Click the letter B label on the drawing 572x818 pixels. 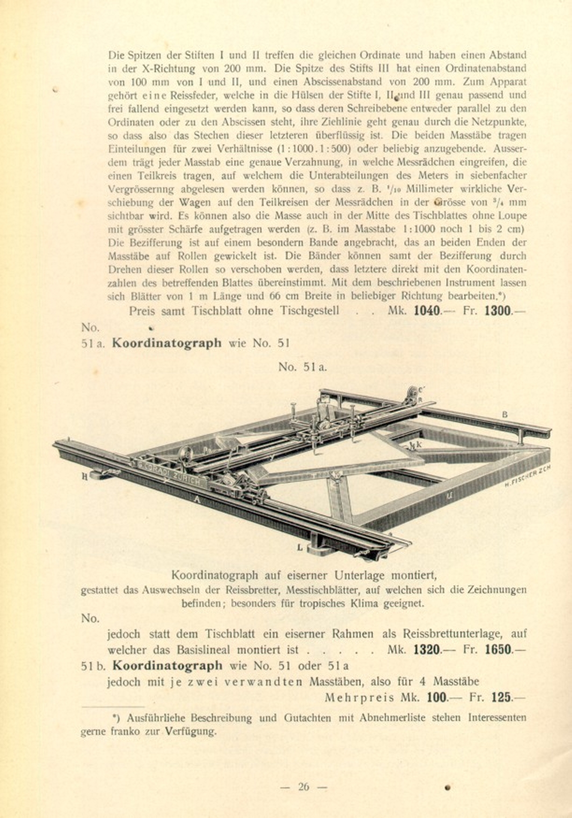[505, 414]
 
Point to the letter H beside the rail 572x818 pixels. [85, 477]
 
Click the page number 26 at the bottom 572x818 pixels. [303, 787]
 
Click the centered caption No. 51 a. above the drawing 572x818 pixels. [303, 367]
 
